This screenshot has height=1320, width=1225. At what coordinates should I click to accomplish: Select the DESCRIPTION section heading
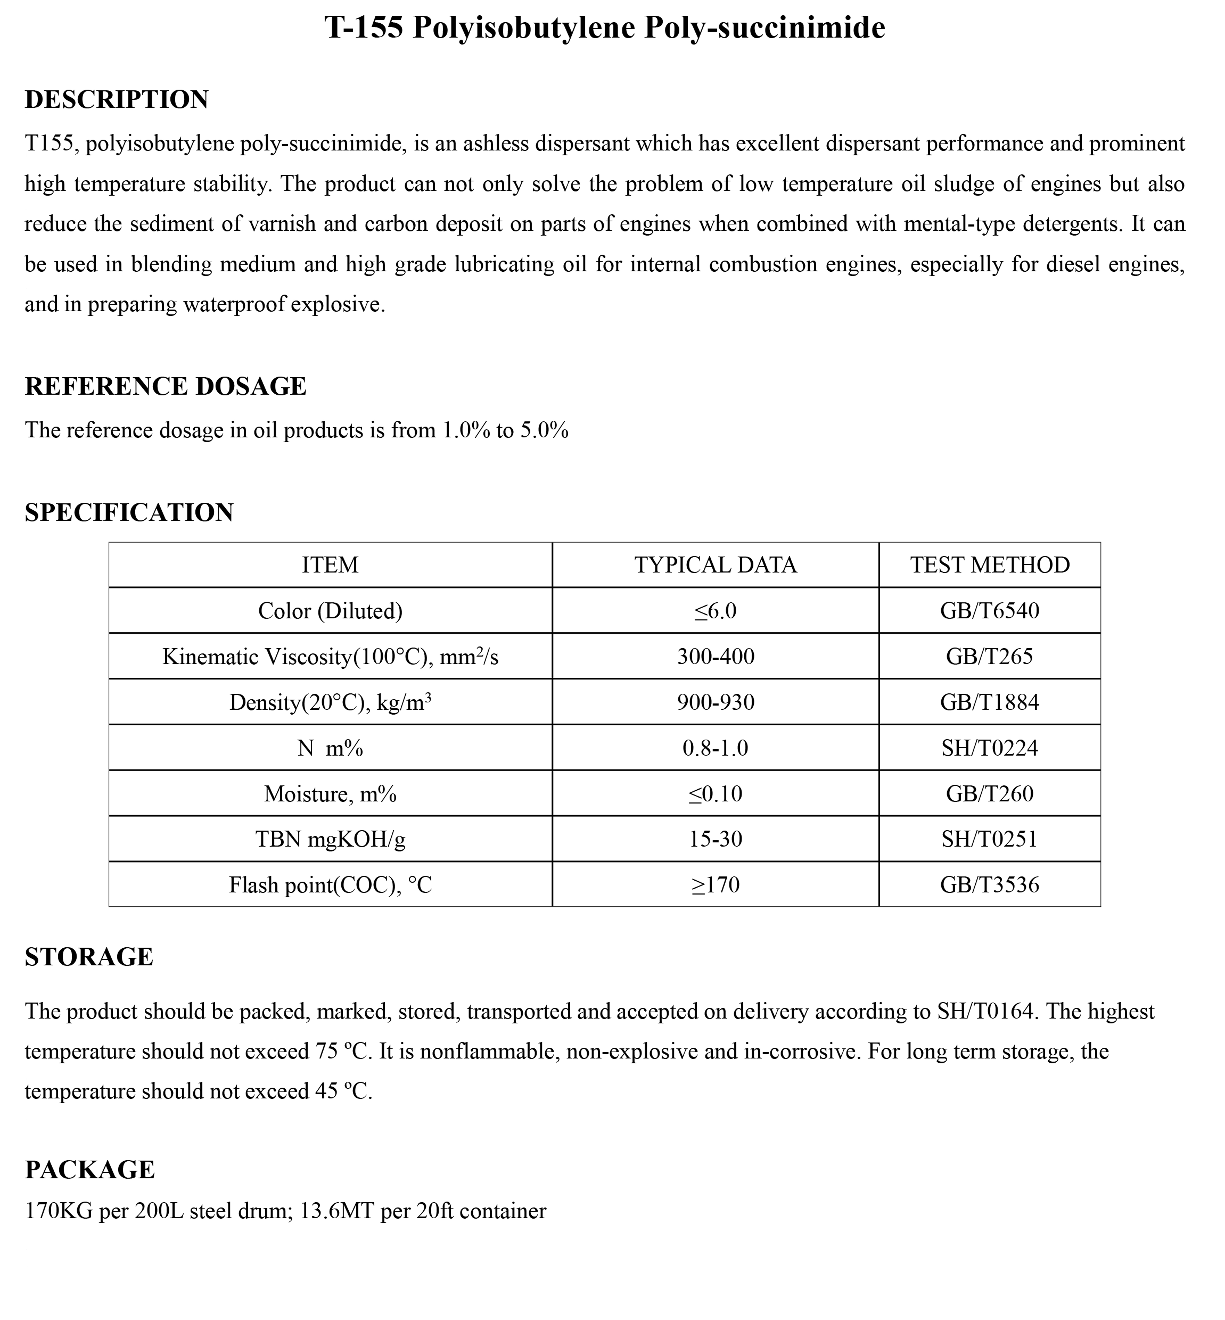[117, 99]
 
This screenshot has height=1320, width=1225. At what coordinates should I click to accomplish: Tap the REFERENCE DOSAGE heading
[166, 386]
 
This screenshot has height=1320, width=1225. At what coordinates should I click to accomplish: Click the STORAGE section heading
[89, 957]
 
